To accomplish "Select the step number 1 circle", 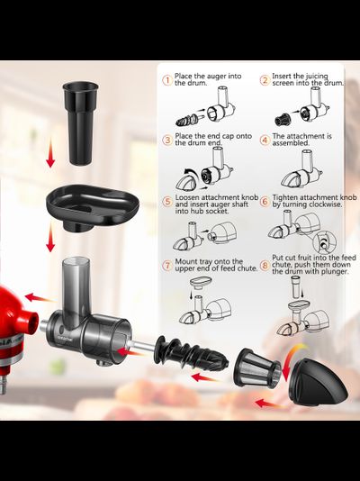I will [166, 79].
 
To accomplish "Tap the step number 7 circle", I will [166, 265].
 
